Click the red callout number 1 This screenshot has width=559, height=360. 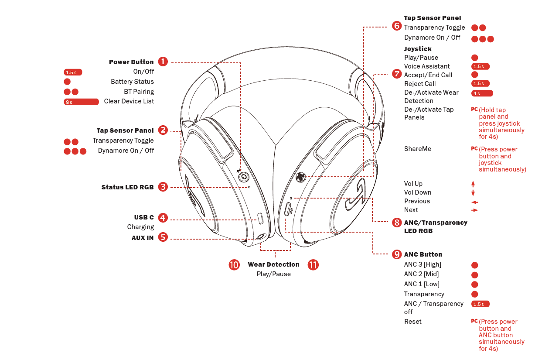[163, 62]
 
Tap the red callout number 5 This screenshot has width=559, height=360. [163, 237]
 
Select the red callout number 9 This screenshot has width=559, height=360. [396, 254]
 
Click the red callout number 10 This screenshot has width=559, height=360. [234, 264]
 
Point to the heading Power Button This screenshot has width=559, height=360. [131, 62]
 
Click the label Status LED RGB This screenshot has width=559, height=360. [127, 187]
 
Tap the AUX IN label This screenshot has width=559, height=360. [143, 238]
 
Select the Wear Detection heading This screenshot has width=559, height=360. [273, 264]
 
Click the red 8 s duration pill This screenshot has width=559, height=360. [81, 102]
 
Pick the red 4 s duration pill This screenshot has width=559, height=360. [482, 93]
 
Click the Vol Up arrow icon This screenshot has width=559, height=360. [473, 184]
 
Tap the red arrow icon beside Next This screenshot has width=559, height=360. [474, 210]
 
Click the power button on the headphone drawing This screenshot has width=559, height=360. [244, 177]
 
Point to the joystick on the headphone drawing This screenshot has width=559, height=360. [300, 177]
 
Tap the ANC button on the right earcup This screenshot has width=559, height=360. [288, 209]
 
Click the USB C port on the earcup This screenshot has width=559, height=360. [260, 218]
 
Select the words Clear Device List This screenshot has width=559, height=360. [129, 101]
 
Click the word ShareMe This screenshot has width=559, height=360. [417, 149]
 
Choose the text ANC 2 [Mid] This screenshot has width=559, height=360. [421, 274]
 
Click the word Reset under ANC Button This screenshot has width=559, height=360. [412, 322]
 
